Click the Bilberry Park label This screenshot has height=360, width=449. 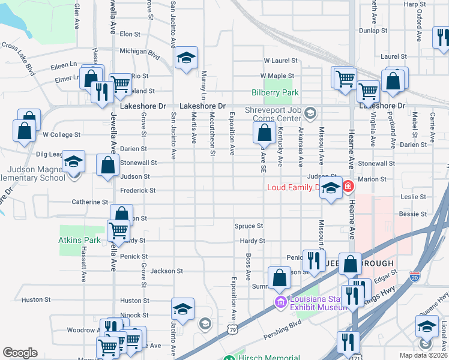(x=274, y=93)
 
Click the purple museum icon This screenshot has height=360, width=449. (x=279, y=301)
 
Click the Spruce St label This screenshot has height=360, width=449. (x=249, y=226)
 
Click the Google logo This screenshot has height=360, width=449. (x=20, y=353)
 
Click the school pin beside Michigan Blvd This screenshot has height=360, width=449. (x=186, y=59)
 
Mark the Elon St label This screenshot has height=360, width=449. (x=130, y=35)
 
